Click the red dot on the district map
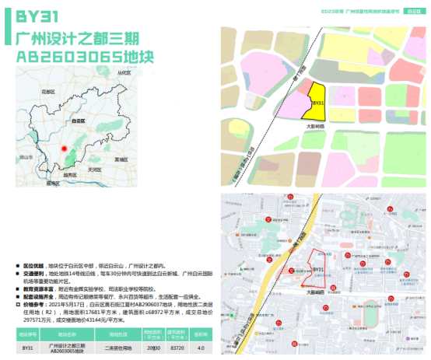(x=65, y=147)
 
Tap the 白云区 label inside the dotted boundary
(x=77, y=121)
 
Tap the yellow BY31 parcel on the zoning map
(x=315, y=100)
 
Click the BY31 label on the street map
(x=317, y=270)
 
